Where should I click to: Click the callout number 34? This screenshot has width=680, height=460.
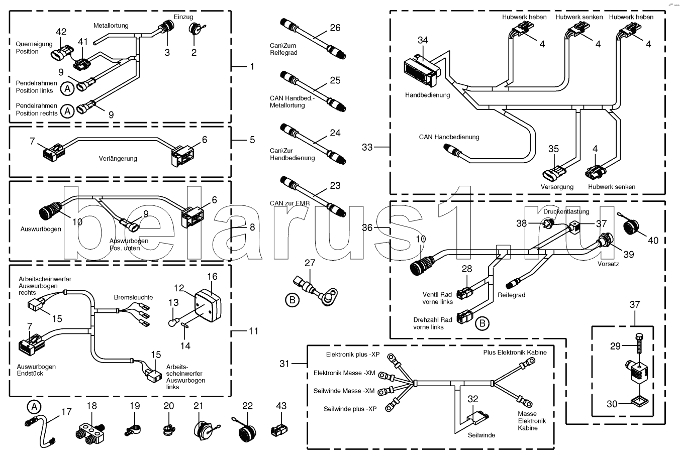point(423,40)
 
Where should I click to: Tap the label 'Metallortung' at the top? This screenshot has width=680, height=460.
point(111,26)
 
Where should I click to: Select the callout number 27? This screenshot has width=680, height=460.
point(310,263)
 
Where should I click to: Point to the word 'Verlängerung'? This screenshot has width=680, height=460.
point(118,159)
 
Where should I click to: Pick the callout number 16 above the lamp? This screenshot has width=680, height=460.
point(212,277)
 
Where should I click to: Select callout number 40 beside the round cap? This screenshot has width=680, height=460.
point(653,241)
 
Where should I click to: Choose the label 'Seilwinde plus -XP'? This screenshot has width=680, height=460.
point(350,409)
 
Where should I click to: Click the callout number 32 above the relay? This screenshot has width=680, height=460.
point(473,399)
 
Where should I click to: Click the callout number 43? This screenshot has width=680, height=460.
point(281,406)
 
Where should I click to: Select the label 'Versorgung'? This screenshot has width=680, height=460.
point(557,187)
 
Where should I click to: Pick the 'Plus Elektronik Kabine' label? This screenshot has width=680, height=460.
point(515,353)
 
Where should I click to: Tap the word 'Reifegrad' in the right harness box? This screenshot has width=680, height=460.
point(512,295)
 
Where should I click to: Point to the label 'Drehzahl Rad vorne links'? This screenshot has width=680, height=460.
point(433,323)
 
